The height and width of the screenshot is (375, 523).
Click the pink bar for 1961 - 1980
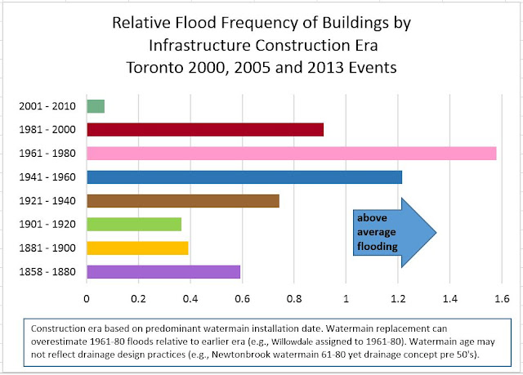tap(291, 153)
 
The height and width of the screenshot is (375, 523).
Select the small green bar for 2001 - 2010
tap(96, 105)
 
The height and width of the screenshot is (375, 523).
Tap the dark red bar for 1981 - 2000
tap(205, 129)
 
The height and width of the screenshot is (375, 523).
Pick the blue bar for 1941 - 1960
tap(244, 176)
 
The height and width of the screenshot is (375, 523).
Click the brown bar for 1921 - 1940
tap(183, 200)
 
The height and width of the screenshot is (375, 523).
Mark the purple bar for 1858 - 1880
tap(163, 271)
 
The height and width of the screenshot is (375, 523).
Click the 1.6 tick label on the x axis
tap(502, 297)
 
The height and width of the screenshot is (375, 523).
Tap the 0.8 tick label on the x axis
tap(294, 297)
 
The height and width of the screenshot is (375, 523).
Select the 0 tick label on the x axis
tap(87, 297)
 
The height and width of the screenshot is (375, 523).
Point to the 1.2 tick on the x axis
tap(398, 297)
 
